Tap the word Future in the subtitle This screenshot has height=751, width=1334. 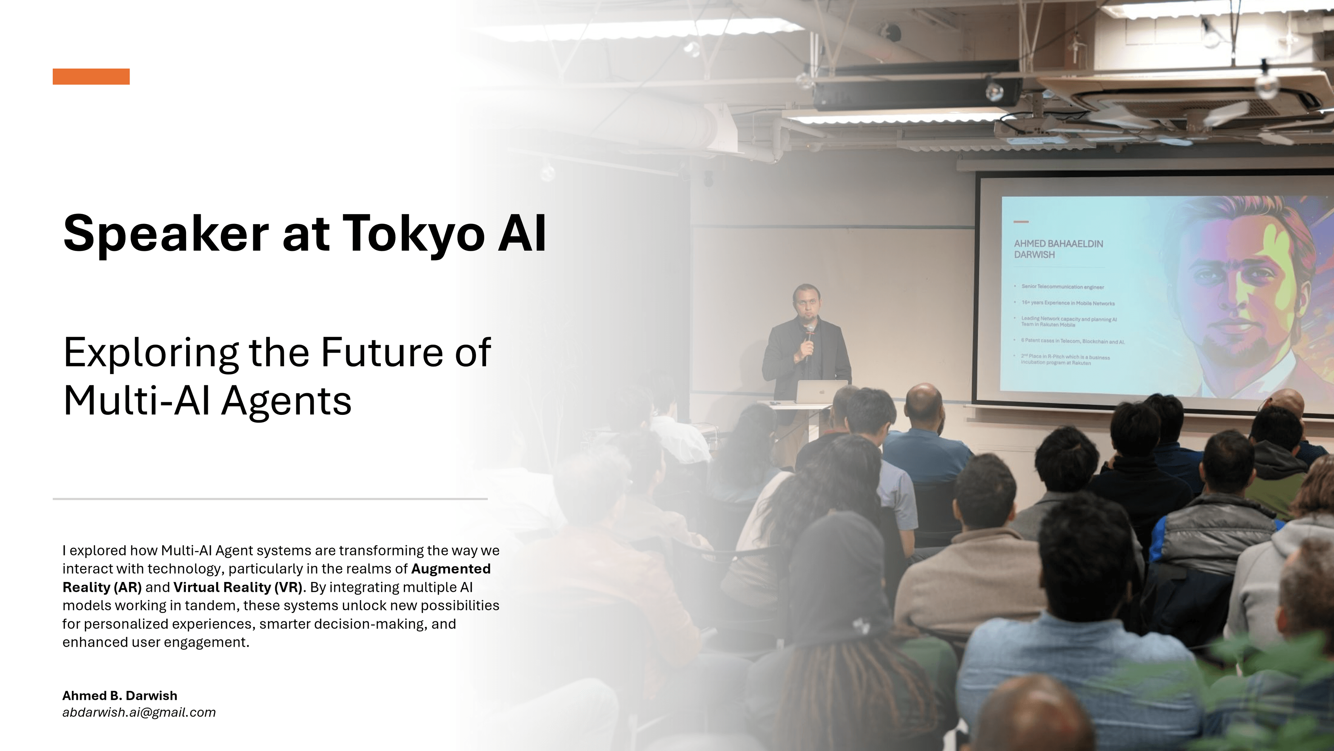pos(382,353)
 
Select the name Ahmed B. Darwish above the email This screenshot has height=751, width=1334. pos(120,695)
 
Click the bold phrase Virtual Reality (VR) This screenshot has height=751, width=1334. pos(238,587)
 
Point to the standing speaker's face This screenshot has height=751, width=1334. pos(806,303)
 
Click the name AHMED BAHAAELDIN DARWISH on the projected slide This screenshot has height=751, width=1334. pos(1058,249)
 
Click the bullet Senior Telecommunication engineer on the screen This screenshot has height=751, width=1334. pos(1062,286)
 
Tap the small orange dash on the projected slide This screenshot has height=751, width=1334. pos(1021,222)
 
